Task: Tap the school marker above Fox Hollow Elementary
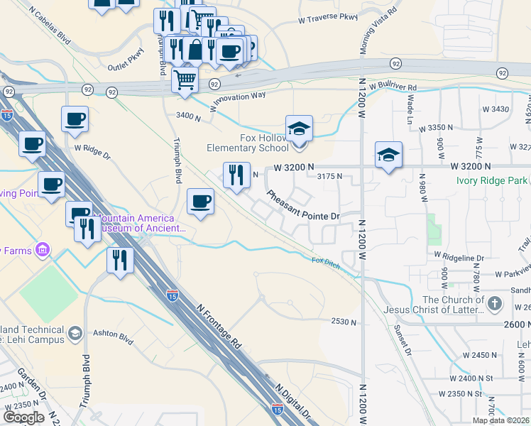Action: [299, 129]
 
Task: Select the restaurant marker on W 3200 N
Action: [236, 175]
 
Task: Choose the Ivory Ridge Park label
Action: [493, 180]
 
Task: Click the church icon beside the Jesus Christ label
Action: [496, 304]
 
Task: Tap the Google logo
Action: [23, 417]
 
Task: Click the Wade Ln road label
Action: [410, 110]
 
